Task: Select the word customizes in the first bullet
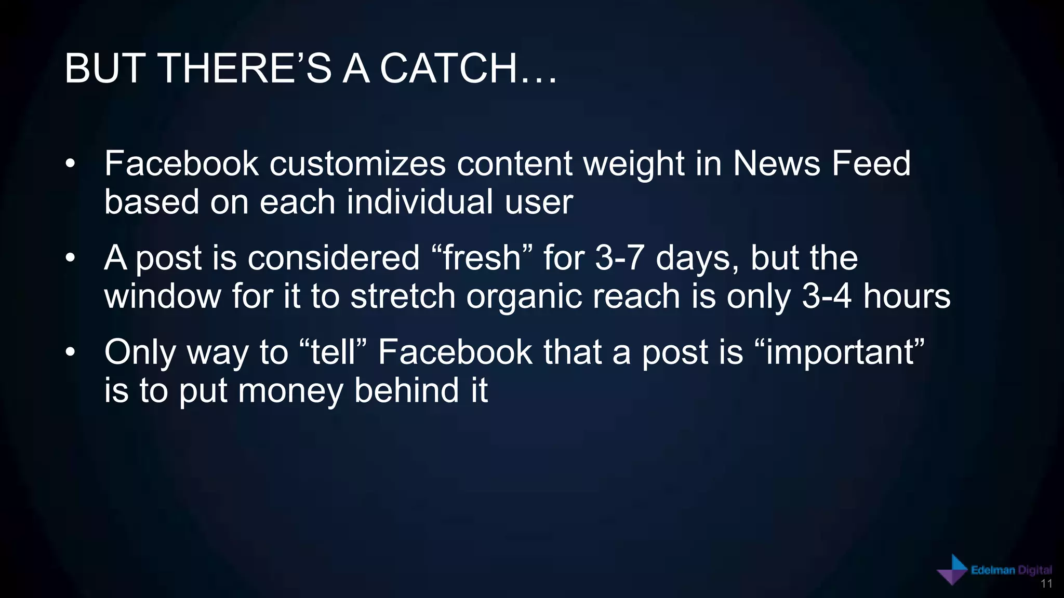[357, 164]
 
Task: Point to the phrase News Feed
[821, 164]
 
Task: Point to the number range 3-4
[827, 296]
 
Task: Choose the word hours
[907, 296]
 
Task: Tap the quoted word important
[839, 353]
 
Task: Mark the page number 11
[1046, 584]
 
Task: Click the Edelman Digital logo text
[1011, 570]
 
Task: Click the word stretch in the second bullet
[403, 296]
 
